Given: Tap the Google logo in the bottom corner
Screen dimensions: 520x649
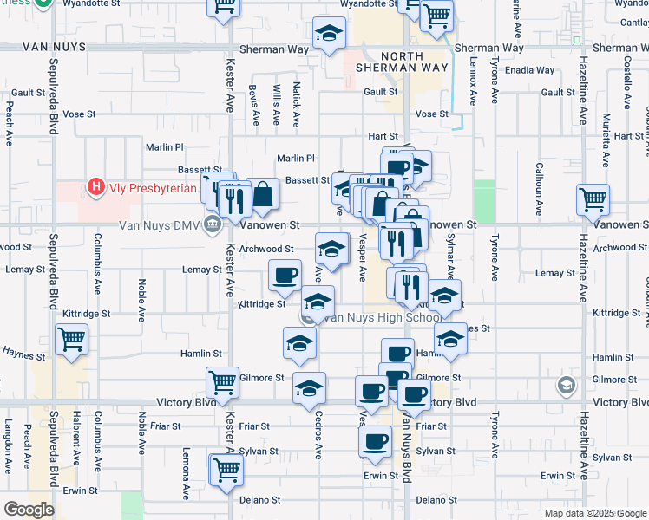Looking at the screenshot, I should click(29, 510).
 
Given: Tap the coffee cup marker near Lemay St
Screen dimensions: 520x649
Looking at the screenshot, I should click(285, 275).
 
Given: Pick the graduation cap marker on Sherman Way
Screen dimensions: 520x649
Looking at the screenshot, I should click(328, 34).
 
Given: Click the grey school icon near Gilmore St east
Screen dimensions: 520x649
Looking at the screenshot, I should click(567, 385).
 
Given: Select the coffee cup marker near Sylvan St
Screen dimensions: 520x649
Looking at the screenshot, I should click(376, 441).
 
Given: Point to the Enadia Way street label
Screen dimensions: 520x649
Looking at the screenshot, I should click(533, 70).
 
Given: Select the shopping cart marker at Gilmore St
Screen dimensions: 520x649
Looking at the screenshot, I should click(222, 381).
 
